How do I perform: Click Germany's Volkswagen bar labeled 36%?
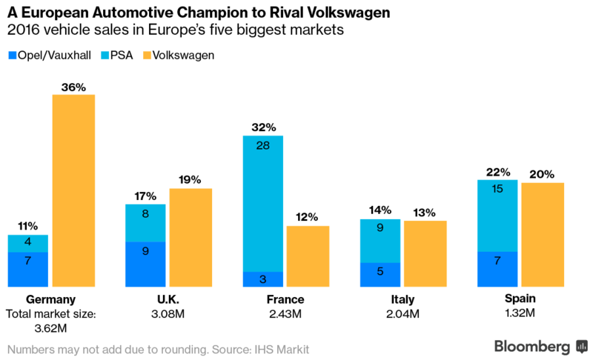(x=73, y=190)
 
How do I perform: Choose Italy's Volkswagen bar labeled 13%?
(x=425, y=253)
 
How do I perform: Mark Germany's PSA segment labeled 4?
(x=27, y=243)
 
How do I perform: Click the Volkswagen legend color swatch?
(x=146, y=55)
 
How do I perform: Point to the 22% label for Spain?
(x=498, y=172)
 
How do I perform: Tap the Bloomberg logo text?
(x=532, y=347)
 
